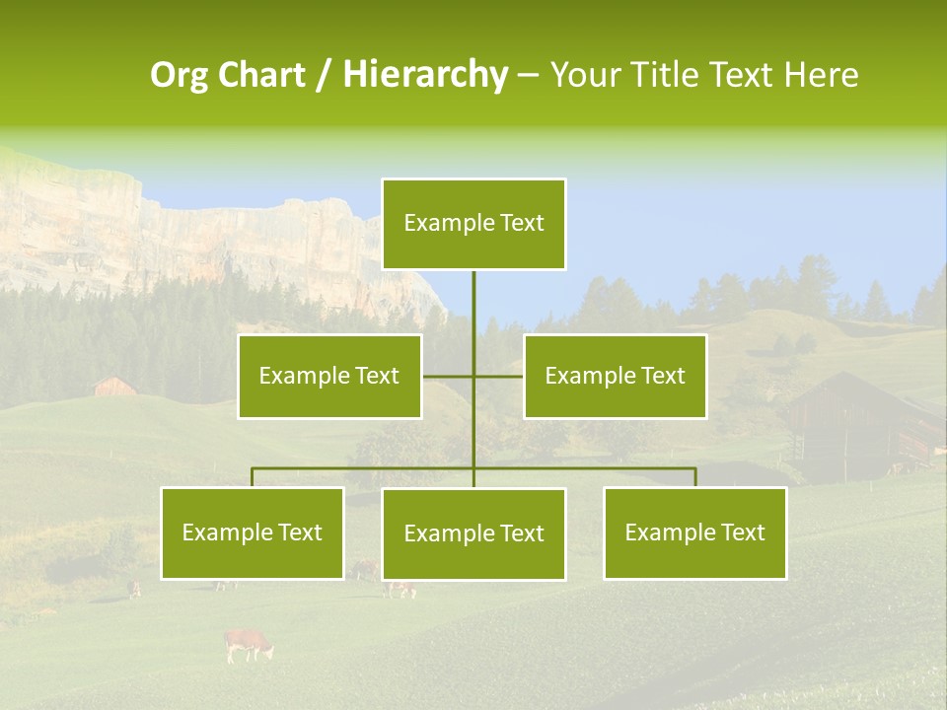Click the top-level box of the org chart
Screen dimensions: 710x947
click(x=473, y=224)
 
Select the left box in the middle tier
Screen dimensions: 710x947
click(x=329, y=377)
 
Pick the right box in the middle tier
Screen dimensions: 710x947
click(x=615, y=377)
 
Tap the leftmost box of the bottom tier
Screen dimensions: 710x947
click(x=253, y=533)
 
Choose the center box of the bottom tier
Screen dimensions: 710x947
click(x=473, y=534)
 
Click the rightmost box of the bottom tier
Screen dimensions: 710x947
click(x=694, y=533)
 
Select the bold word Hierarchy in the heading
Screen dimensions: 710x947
click(x=425, y=75)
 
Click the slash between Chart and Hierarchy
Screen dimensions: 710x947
click(x=325, y=75)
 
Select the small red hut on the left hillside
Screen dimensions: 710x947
click(x=114, y=386)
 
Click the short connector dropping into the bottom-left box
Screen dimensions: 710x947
click(x=253, y=477)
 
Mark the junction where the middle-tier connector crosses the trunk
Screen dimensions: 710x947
click(x=473, y=377)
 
